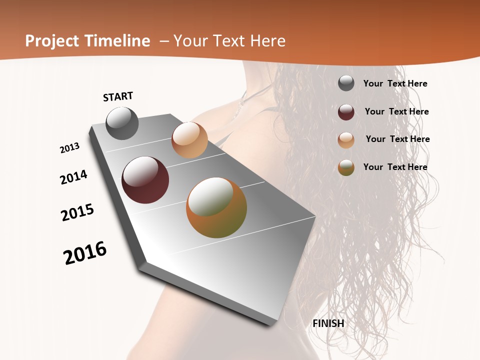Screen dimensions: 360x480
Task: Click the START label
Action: click(x=118, y=96)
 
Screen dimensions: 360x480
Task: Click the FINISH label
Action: click(x=328, y=323)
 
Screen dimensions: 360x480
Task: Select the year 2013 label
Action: click(x=70, y=148)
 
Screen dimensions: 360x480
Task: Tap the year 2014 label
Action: click(x=73, y=177)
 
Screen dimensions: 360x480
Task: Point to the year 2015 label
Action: click(x=77, y=212)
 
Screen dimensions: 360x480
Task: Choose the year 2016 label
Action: click(x=85, y=252)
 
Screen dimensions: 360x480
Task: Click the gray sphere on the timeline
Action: click(x=122, y=123)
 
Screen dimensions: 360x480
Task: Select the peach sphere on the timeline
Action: click(x=189, y=140)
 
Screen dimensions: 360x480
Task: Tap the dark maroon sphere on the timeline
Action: click(x=145, y=180)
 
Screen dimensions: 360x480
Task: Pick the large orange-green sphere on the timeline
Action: click(x=216, y=207)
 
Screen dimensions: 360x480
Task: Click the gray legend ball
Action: click(x=346, y=83)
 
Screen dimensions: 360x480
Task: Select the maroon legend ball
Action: click(x=346, y=112)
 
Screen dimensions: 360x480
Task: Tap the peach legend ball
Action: click(x=346, y=140)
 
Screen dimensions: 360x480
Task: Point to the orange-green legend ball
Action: click(x=346, y=167)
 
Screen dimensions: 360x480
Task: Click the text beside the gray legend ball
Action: click(x=395, y=83)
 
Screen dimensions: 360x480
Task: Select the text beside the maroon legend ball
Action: click(x=397, y=111)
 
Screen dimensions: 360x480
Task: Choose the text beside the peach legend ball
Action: click(x=398, y=139)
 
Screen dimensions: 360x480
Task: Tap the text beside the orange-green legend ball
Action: click(x=395, y=167)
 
